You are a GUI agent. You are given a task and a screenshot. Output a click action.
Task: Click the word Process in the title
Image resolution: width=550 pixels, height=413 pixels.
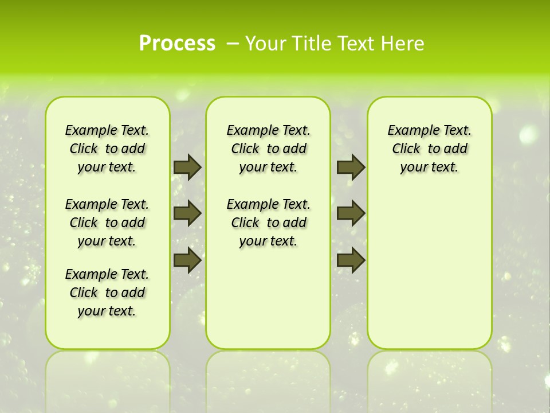[177, 43]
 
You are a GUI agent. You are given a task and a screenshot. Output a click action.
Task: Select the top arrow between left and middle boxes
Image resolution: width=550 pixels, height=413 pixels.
[187, 167]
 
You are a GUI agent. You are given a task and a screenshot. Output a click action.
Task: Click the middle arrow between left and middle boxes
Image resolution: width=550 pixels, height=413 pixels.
[187, 213]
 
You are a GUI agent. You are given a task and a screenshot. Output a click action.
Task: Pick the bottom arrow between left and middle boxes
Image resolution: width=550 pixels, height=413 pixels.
[187, 260]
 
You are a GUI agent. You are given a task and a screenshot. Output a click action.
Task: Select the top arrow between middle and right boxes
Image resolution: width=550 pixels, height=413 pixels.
[351, 167]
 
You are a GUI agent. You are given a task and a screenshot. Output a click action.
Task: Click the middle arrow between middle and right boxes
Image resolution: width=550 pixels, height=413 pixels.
[351, 213]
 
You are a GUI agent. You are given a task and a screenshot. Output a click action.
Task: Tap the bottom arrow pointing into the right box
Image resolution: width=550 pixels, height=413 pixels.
[351, 260]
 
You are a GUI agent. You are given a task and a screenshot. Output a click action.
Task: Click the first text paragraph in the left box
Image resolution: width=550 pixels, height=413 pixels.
[107, 149]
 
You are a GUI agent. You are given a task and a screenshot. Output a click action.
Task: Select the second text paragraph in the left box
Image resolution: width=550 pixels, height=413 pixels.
[107, 223]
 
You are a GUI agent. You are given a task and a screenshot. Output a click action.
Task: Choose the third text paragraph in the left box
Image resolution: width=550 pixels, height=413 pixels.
[107, 293]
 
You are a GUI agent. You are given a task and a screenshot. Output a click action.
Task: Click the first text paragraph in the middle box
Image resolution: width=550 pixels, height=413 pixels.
[268, 149]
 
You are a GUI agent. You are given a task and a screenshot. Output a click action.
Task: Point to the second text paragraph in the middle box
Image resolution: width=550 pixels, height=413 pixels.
[268, 223]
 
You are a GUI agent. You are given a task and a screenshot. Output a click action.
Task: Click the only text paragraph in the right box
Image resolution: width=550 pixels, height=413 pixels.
[429, 149]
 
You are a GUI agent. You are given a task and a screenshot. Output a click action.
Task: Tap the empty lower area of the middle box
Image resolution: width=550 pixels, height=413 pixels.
[268, 298]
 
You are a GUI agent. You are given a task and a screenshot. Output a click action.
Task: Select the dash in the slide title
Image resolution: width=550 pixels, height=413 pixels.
[233, 44]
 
